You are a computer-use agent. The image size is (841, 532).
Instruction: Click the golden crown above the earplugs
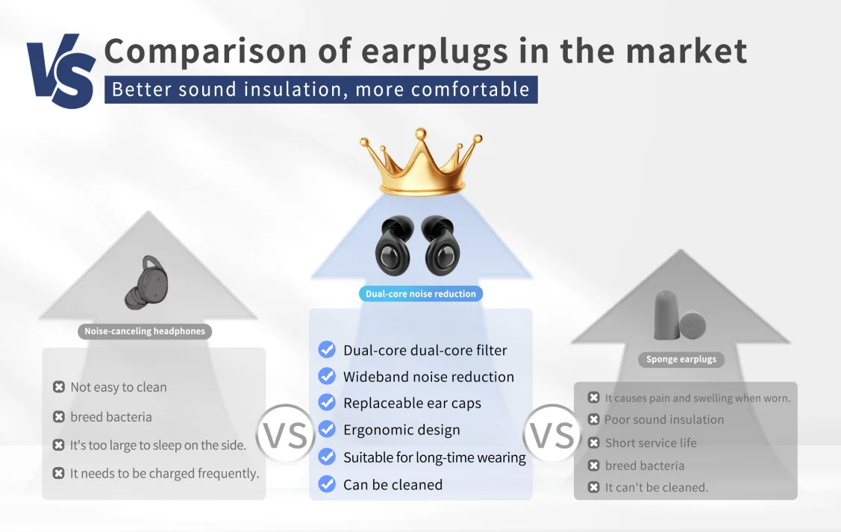tap(421, 162)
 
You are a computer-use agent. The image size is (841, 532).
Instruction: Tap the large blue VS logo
tap(61, 71)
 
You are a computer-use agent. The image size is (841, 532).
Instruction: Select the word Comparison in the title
tap(205, 51)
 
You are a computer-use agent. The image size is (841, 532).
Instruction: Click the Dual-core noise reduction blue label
tap(421, 294)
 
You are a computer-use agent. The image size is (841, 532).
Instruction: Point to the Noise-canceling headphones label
tap(145, 331)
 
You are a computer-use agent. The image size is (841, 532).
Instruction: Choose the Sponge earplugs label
tap(681, 360)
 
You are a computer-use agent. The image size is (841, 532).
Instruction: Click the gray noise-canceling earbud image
tap(147, 283)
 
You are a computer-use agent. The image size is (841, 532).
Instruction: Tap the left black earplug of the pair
tap(395, 245)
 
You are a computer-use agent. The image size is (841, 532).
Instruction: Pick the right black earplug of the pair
tap(441, 245)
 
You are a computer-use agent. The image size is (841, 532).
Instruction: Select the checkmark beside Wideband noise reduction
tap(327, 376)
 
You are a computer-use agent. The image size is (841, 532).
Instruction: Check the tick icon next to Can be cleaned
tap(327, 484)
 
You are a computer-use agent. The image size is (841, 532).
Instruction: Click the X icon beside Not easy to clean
tap(59, 387)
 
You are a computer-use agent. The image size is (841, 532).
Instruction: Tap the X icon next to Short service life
tap(593, 443)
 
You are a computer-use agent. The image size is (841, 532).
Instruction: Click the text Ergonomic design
tap(401, 430)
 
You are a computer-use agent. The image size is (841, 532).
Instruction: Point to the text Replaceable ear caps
tap(412, 403)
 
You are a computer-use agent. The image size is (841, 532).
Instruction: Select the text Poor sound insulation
tap(664, 420)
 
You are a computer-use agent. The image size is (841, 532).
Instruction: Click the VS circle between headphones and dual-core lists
tap(285, 434)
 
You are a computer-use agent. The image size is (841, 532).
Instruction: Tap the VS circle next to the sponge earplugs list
tap(552, 434)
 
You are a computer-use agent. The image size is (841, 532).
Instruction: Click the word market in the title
tap(687, 51)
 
